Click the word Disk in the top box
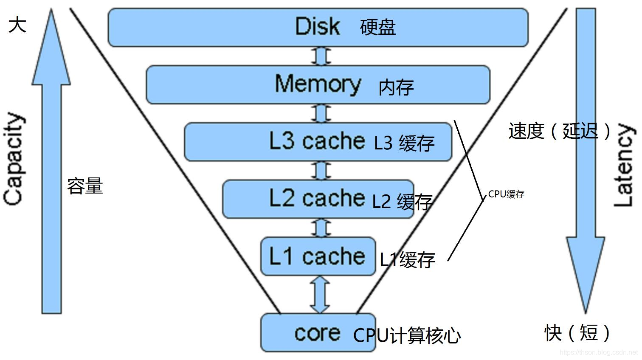(317, 27)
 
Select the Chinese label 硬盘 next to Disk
(377, 28)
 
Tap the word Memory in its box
(318, 84)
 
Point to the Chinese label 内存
(396, 87)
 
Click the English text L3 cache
(317, 141)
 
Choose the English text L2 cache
(317, 198)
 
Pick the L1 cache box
(318, 256)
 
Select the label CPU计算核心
(407, 335)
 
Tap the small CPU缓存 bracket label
(506, 194)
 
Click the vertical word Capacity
(14, 159)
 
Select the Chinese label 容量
(85, 186)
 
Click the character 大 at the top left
(17, 24)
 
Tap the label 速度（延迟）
(560, 131)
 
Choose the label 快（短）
(577, 332)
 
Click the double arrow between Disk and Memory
(321, 56)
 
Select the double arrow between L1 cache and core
(320, 295)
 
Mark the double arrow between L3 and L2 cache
(321, 171)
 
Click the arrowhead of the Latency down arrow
(586, 272)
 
